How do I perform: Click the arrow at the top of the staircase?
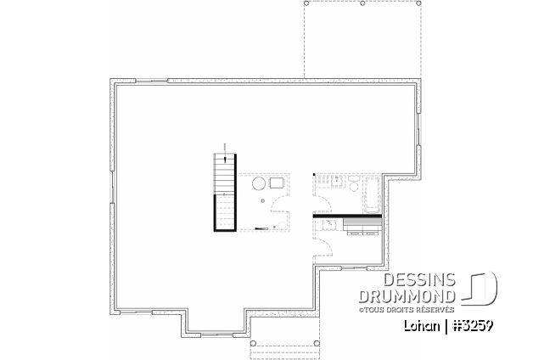[224, 152]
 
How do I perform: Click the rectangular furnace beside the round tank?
[277, 183]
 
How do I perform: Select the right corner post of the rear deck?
[420, 3]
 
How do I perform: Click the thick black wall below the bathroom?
[348, 216]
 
